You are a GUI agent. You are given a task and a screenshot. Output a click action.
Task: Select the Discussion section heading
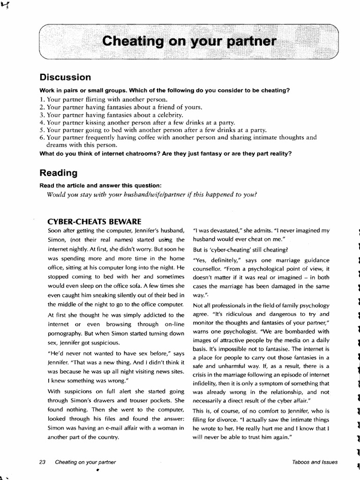coord(65,77)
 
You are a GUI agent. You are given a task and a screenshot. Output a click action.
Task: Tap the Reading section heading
coord(59,172)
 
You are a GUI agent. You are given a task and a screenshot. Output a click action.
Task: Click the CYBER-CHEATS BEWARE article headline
coord(95,221)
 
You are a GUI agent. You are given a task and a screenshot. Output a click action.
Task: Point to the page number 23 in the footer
coord(43,462)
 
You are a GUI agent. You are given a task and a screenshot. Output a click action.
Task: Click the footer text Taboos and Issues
coord(314,462)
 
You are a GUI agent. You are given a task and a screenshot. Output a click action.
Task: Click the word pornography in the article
coord(67,333)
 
